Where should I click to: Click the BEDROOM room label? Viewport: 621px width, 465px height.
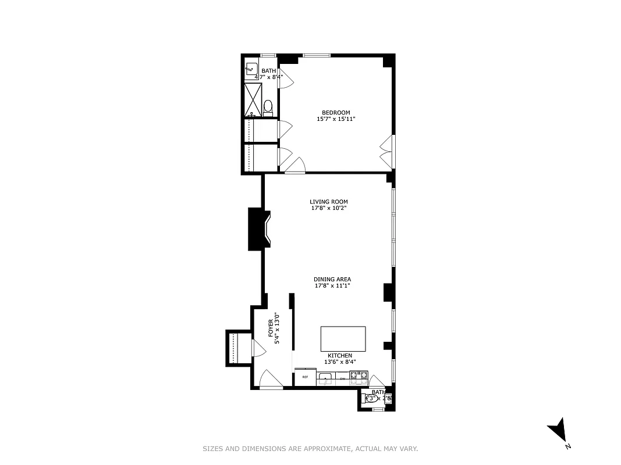coord(336,112)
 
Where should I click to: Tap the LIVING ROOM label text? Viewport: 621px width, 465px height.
coord(328,202)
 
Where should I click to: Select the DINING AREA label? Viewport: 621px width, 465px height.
coord(332,279)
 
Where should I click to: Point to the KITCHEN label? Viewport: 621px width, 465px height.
coord(339,355)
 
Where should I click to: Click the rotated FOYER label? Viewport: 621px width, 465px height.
coord(271,329)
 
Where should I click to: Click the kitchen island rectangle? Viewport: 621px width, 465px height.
coord(343,338)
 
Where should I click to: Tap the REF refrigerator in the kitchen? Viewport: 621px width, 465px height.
coord(304,377)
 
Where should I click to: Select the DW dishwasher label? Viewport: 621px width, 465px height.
coord(343,379)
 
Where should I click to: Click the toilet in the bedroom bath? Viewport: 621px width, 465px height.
coord(268,107)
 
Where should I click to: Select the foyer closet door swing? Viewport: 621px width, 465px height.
coord(257,348)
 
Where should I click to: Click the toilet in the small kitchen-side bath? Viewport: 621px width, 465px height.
coord(369,399)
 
